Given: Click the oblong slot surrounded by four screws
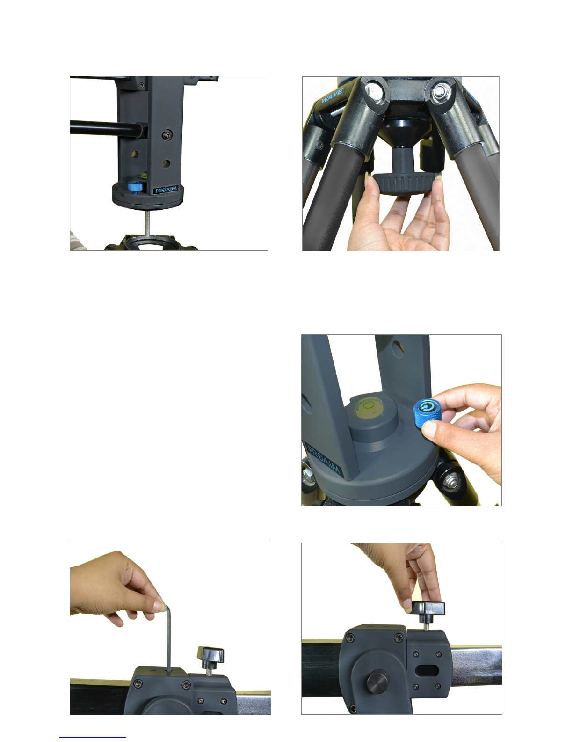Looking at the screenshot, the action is [x=427, y=671].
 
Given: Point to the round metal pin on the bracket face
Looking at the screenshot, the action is [x=377, y=683].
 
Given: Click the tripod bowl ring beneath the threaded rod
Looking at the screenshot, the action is [x=150, y=243].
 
